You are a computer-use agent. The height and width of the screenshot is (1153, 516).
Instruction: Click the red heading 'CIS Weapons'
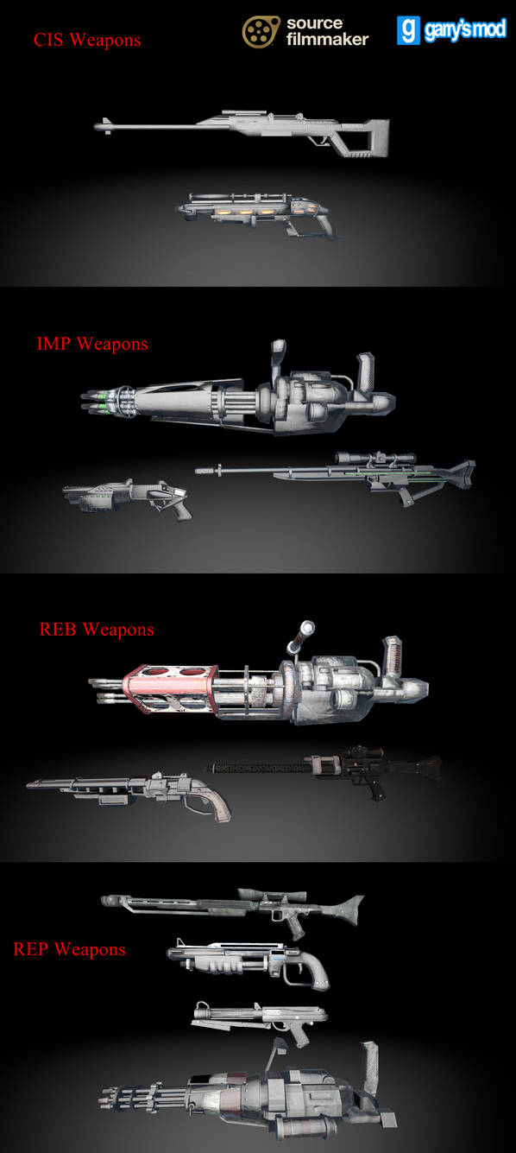click(x=87, y=40)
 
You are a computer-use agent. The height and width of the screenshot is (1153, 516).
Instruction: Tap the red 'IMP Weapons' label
click(x=92, y=344)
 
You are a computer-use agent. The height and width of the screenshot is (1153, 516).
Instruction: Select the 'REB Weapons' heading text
click(x=97, y=630)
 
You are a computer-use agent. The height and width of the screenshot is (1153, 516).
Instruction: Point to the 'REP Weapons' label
click(x=69, y=949)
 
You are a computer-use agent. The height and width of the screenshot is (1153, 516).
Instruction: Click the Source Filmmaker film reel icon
click(x=261, y=32)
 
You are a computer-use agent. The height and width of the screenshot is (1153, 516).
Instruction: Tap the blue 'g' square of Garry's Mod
click(x=408, y=30)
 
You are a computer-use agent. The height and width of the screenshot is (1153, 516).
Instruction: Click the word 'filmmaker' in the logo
click(x=327, y=39)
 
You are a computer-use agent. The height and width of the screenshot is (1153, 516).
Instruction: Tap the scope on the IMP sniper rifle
click(x=375, y=458)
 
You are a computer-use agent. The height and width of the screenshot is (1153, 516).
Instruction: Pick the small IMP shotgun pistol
click(x=127, y=497)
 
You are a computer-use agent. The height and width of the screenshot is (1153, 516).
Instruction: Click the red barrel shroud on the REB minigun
click(x=170, y=688)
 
